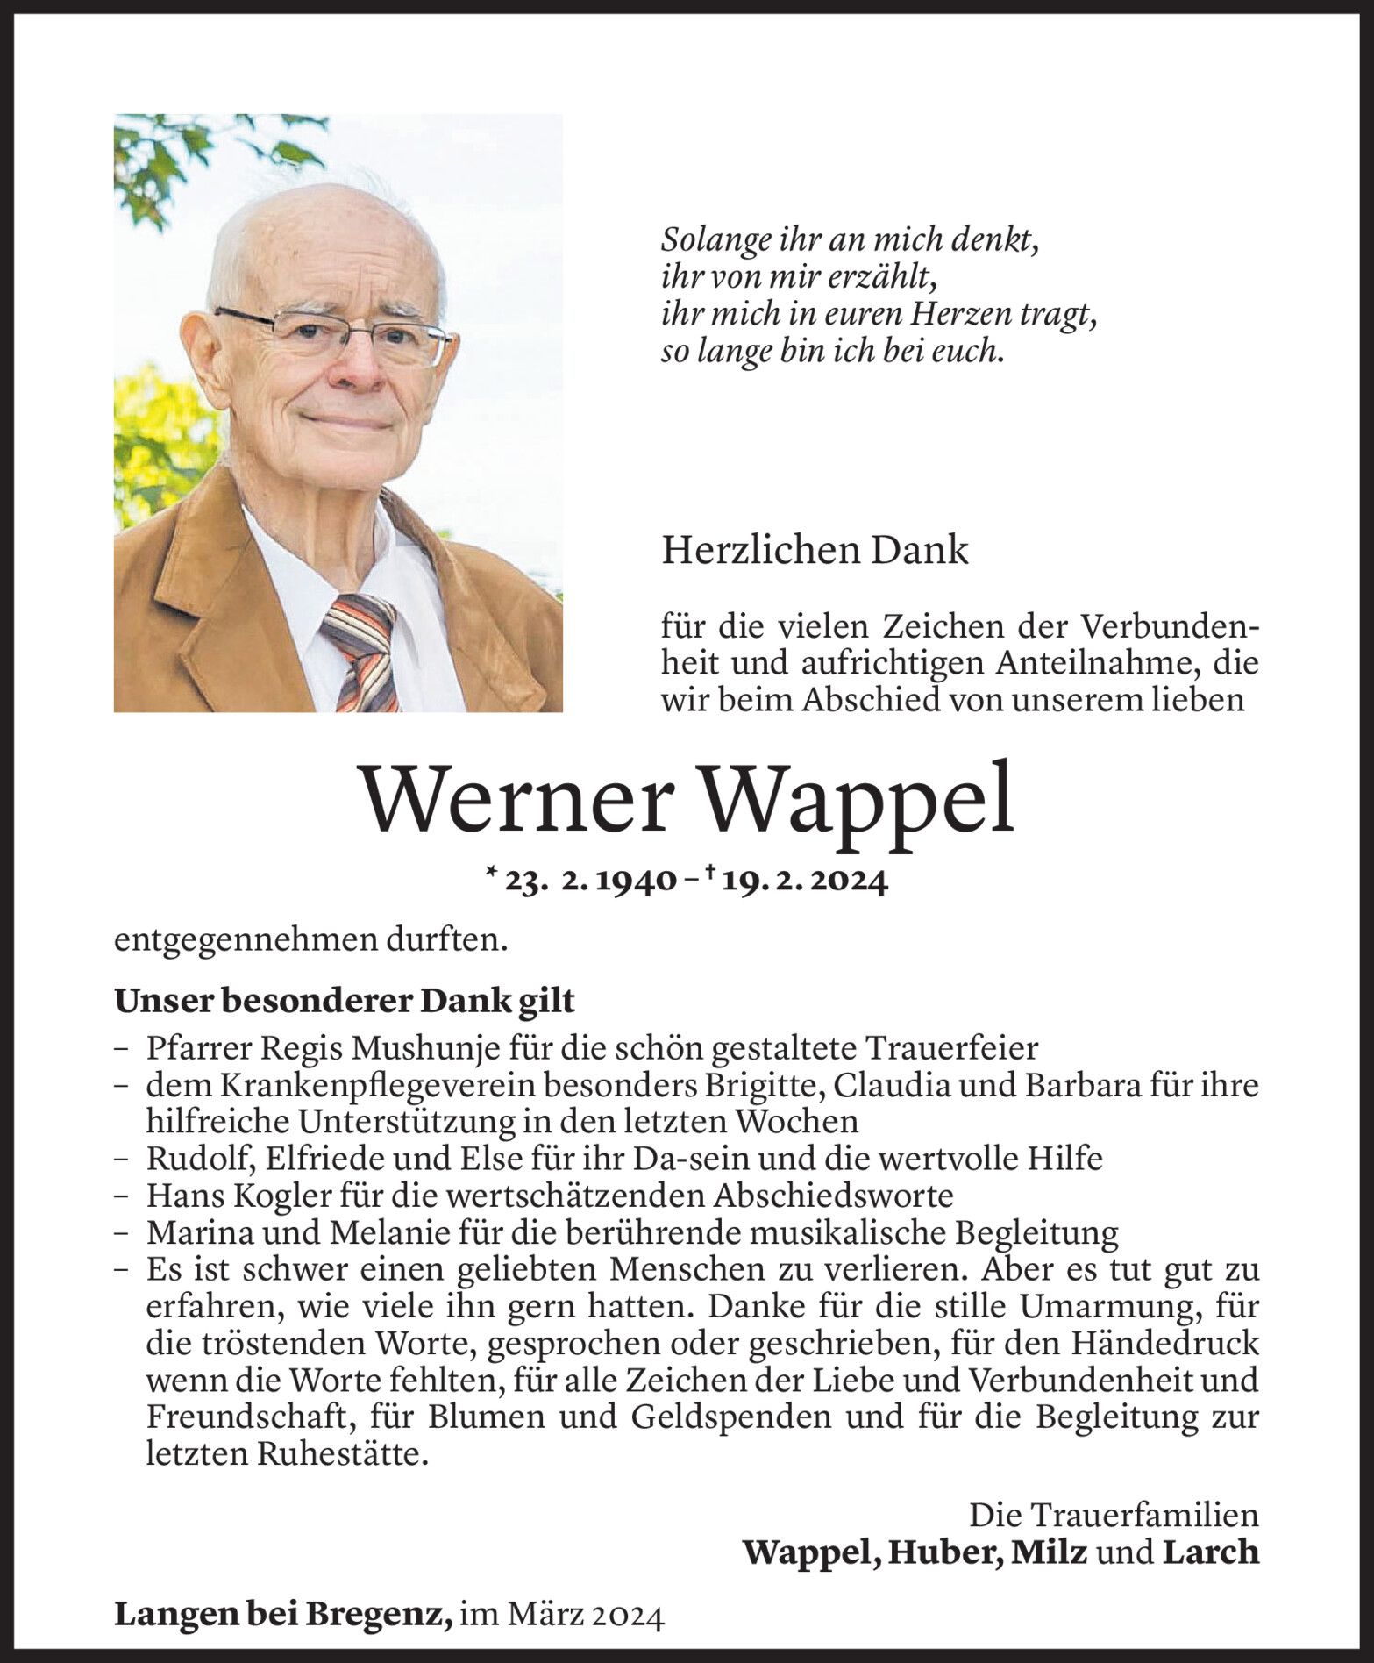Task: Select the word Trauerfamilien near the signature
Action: click(x=1145, y=1515)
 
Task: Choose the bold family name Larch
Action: click(x=1211, y=1552)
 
